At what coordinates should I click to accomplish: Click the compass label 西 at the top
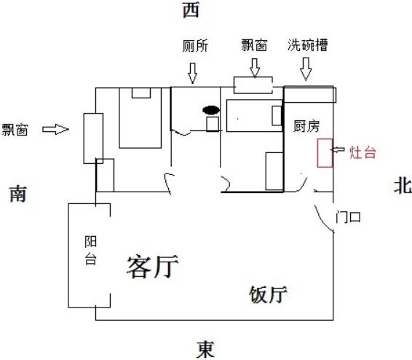191,10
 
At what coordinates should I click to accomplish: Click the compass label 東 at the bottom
205,349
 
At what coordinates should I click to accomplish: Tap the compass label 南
18,194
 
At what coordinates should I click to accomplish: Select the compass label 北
403,186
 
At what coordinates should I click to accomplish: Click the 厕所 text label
195,46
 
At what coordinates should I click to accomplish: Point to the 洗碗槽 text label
307,44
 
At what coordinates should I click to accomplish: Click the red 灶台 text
363,152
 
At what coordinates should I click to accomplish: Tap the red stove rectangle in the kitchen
325,153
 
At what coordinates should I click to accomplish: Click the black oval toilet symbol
211,110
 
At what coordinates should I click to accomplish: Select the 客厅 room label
153,267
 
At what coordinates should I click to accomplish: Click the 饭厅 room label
268,294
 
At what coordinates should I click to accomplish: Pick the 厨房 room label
306,127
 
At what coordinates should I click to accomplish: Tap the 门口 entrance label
348,217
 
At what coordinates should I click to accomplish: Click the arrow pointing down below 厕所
193,73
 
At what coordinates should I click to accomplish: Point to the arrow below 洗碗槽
306,69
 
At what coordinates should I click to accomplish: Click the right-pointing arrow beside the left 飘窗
55,129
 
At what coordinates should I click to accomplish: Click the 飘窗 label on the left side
15,130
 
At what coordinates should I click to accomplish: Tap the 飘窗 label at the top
254,45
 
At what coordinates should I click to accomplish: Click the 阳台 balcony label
90,251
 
